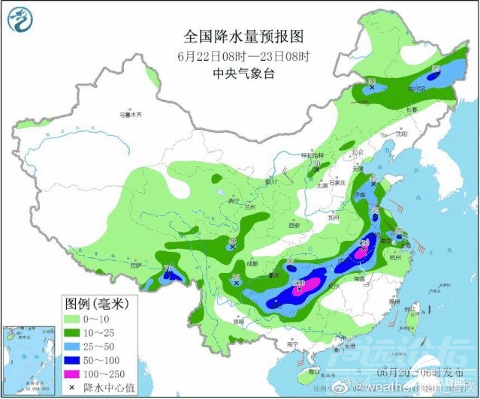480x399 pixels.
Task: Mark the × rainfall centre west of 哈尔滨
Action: point(372,88)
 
